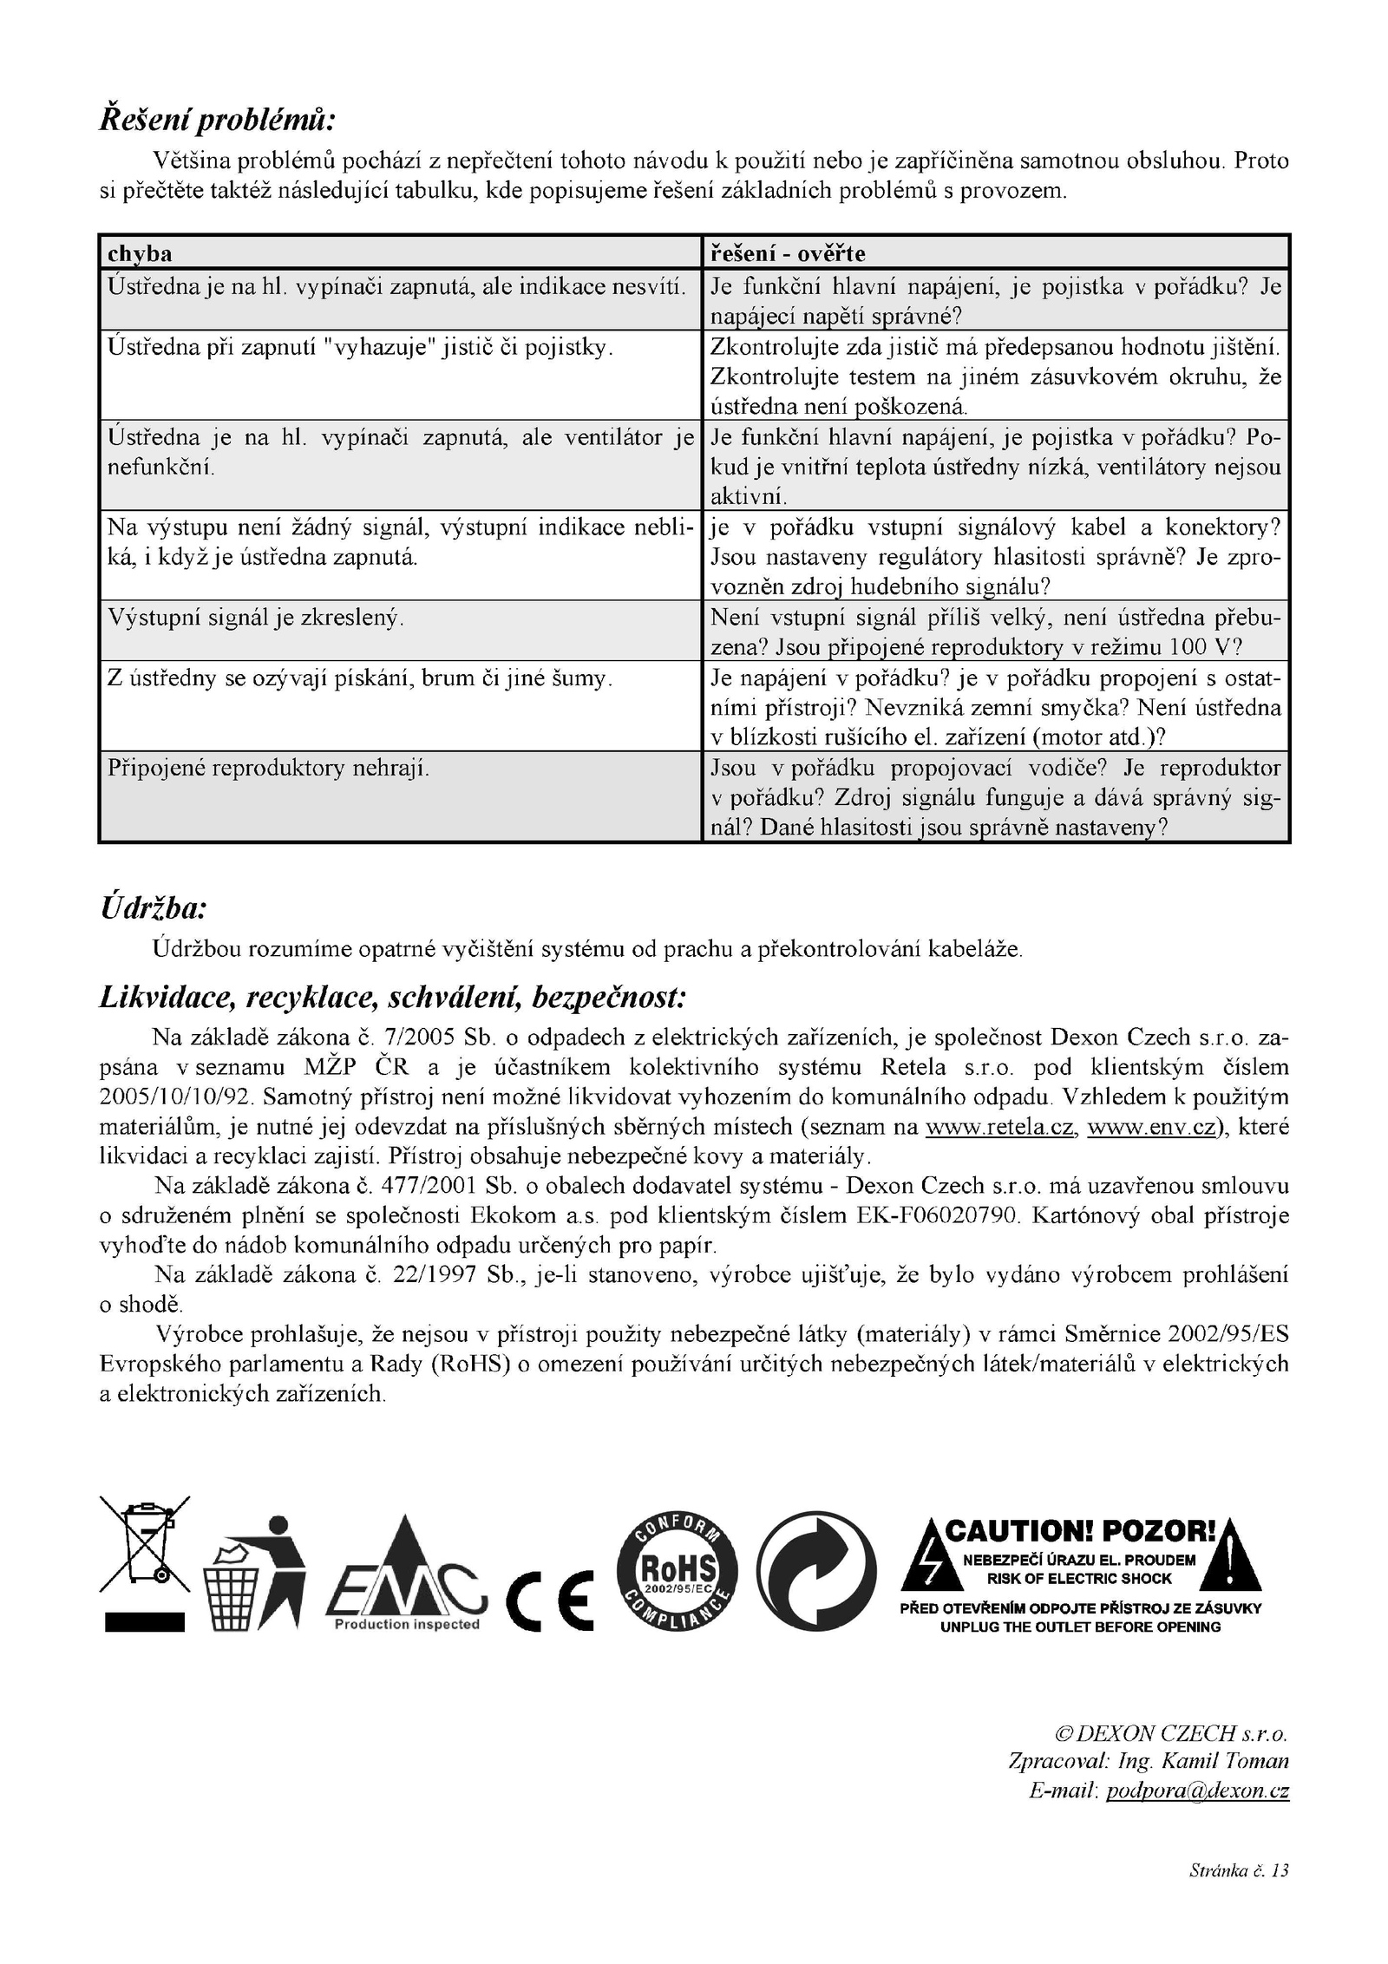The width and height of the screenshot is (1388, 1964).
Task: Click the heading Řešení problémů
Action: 217,119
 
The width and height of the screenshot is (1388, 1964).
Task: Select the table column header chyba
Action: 139,253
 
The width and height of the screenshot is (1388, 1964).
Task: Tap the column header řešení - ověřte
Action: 788,253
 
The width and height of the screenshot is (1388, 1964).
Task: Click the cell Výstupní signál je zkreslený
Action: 255,618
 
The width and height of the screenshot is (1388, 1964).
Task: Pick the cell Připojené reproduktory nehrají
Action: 268,768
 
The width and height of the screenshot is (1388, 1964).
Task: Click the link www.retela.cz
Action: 1001,1127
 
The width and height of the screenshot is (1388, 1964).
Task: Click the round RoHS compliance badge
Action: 677,1573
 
